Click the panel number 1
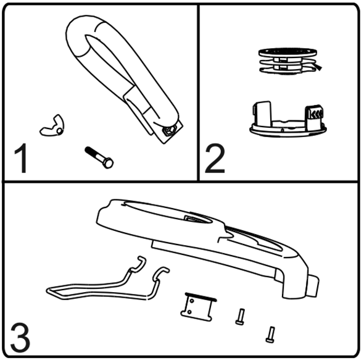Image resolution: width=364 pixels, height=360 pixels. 21,158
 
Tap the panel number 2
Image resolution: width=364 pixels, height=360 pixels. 215,158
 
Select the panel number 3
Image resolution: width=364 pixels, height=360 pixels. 20,337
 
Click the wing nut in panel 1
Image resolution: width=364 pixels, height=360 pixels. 52,126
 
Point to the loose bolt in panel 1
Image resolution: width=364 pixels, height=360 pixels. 99,157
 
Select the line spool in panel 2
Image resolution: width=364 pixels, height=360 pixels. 288,62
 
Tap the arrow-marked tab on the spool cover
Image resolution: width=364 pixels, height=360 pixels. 314,117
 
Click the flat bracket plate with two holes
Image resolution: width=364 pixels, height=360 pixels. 197,308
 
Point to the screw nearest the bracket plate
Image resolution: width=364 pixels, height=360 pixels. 240,317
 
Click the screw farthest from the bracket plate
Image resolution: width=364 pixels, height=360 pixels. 270,335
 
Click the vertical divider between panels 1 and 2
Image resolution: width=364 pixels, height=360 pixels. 198,93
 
